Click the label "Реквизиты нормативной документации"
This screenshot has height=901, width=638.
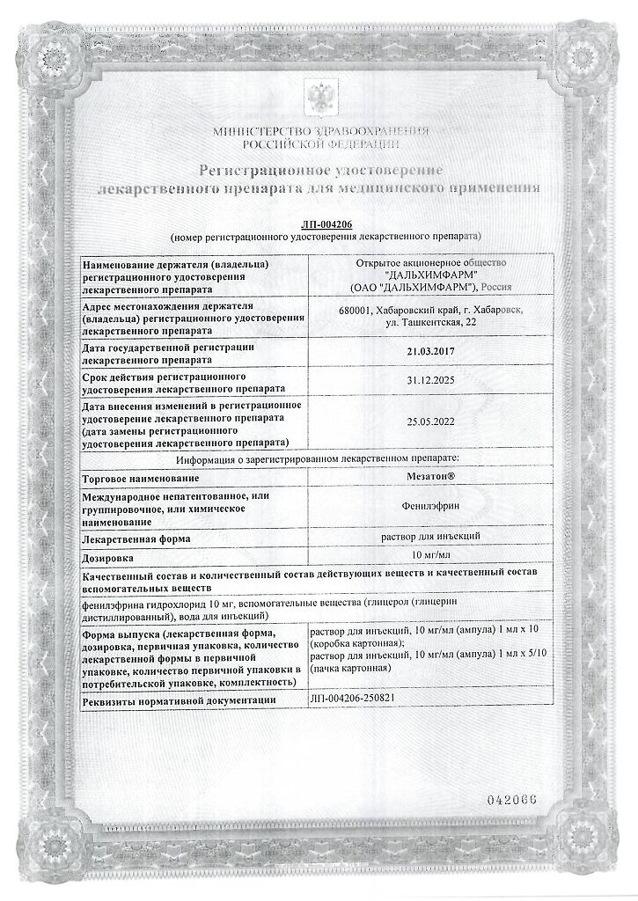pos(185,700)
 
